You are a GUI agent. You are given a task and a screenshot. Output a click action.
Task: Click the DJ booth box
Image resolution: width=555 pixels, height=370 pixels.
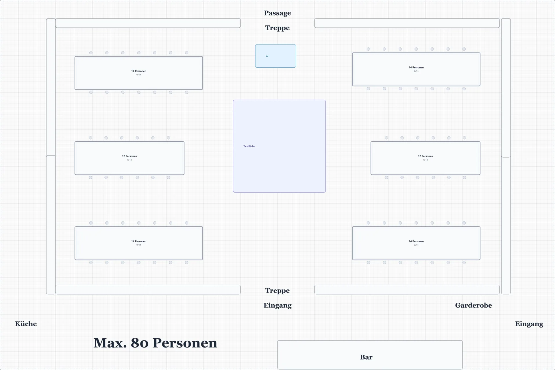pos(275,56)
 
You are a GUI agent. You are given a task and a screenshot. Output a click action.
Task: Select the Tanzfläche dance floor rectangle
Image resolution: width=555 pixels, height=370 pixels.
pos(279,146)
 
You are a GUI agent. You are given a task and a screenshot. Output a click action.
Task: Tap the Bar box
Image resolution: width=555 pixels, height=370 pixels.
pos(370,355)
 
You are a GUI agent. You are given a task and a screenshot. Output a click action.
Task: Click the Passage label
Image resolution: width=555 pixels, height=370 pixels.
pos(277,13)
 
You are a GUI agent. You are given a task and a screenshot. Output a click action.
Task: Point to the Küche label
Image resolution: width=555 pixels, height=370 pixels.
pos(26,324)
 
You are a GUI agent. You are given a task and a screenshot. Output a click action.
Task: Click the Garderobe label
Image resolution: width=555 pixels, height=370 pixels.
pos(473,305)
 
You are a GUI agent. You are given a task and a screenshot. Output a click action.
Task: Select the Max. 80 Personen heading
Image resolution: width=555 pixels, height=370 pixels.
pos(155,343)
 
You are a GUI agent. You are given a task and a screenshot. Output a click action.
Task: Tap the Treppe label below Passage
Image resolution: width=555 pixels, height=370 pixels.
pos(277,28)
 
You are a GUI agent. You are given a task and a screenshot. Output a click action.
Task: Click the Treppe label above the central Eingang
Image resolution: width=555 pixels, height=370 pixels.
pos(277,291)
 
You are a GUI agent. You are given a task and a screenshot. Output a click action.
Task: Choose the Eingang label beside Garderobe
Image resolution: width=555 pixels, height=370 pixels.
pos(529,324)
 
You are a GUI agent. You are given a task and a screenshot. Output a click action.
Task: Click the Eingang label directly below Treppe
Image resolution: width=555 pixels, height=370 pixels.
pos(277,306)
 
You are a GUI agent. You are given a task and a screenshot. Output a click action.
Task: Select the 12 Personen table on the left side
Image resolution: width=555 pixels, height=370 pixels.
pos(129,158)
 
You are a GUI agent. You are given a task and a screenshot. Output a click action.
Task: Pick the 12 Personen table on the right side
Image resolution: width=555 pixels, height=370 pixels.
pos(425,158)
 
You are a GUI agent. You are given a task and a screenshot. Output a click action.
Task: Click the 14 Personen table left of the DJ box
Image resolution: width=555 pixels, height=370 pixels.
pos(139,73)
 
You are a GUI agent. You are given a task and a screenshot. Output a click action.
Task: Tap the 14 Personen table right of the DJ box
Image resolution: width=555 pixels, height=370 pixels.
pos(416,69)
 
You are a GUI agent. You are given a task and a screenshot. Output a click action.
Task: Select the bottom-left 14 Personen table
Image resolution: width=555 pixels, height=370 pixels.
pos(139,243)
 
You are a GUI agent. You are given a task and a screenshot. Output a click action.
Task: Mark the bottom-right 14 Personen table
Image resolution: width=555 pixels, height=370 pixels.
pos(416,243)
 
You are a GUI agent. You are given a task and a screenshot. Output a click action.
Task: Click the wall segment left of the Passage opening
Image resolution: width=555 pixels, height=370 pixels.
pos(148,23)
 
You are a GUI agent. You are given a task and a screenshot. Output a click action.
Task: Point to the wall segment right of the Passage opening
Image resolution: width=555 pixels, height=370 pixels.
pos(407,23)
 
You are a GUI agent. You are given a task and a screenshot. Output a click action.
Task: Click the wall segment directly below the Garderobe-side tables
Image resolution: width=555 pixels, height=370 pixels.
pos(407,289)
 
